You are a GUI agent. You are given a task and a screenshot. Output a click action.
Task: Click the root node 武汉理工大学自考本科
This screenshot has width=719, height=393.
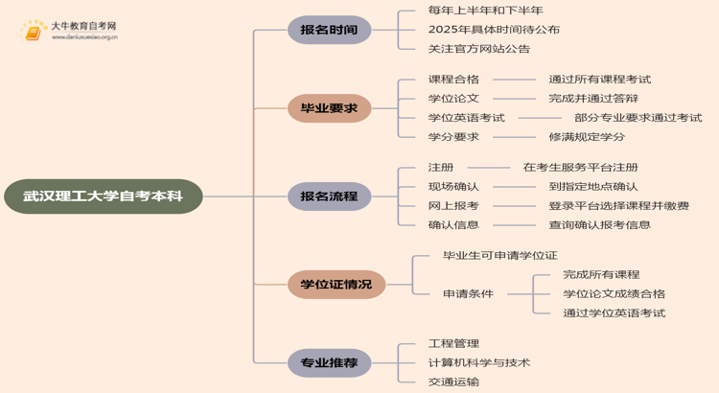point(103,196)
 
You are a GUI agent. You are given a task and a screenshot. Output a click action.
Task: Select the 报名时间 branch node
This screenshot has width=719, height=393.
point(329,30)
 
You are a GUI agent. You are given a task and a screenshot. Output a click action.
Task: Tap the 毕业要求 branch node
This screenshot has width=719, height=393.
point(329,108)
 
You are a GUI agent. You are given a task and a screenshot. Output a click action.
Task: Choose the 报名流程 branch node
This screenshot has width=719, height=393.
point(329,196)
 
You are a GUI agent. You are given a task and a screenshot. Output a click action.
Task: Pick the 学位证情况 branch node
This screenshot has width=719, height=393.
point(336,285)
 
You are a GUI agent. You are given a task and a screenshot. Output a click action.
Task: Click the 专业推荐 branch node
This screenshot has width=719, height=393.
point(329,363)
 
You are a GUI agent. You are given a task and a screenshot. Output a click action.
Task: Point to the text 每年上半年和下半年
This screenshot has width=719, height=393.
point(485,11)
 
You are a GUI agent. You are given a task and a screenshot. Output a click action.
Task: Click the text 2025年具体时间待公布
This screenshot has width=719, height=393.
point(494,30)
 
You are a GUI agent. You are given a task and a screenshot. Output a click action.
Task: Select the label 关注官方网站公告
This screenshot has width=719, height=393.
point(478,49)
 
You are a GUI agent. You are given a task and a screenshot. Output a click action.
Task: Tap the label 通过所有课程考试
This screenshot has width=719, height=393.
point(599,80)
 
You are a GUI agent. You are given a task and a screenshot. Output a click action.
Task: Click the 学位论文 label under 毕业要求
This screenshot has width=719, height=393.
point(453,99)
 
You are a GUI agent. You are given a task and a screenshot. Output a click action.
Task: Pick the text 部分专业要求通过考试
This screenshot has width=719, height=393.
point(638,118)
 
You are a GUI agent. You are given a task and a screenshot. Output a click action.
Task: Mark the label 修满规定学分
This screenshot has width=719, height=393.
point(587,137)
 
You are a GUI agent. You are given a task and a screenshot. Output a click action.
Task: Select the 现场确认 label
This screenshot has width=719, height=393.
point(453,187)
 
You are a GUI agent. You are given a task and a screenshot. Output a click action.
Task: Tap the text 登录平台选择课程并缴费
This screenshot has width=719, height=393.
point(618,206)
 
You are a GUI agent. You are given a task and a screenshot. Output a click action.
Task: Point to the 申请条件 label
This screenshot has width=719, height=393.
point(468,294)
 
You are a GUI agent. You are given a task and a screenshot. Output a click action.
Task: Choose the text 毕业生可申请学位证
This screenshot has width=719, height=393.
point(499,256)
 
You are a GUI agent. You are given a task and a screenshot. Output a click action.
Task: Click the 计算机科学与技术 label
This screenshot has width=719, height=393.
point(478,363)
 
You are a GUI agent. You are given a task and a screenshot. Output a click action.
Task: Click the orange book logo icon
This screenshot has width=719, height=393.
point(34,31)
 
